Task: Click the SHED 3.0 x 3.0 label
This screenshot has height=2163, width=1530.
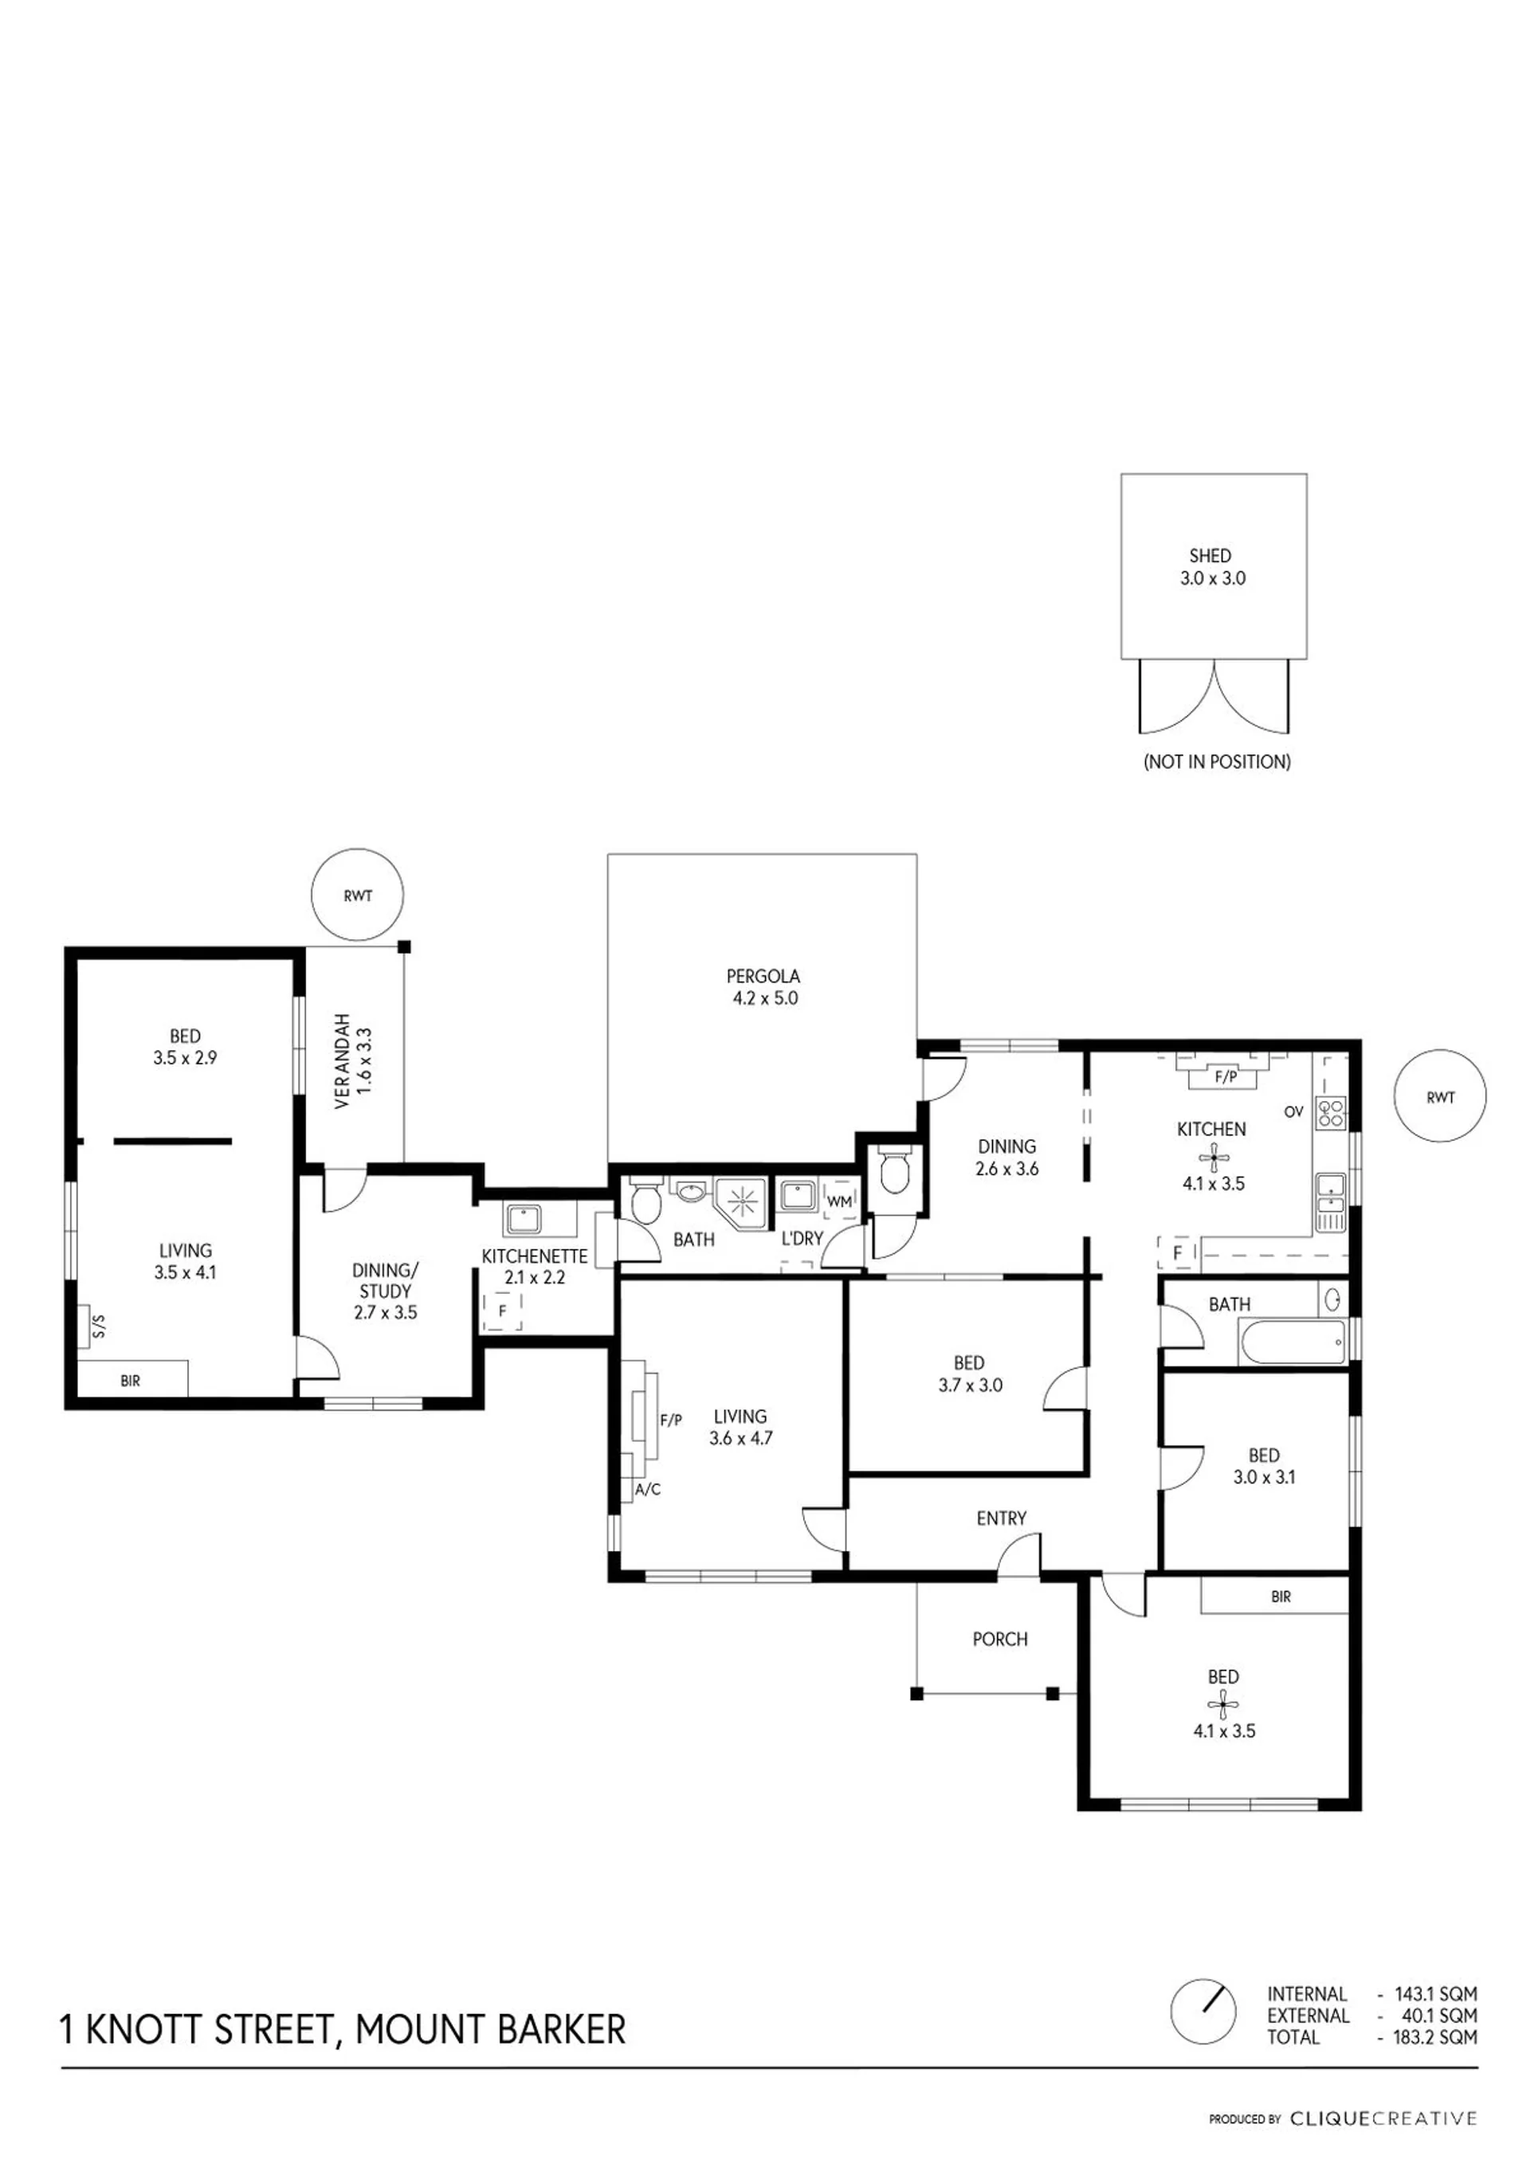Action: coord(1213,567)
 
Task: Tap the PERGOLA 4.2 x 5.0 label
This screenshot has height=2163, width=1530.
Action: coord(764,987)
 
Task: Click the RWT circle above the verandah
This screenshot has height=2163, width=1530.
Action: coord(358,896)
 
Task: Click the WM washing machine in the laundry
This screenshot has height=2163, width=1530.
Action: coord(838,1201)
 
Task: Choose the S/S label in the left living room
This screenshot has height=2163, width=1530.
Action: coord(99,1329)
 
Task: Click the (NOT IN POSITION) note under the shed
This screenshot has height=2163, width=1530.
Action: coord(1217,761)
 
